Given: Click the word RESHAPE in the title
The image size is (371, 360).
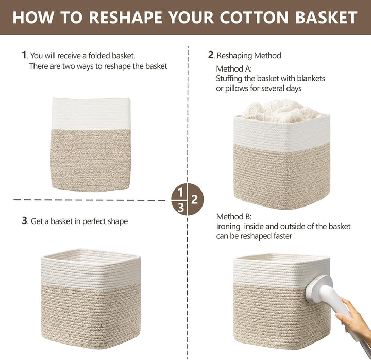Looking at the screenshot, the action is tap(125, 18).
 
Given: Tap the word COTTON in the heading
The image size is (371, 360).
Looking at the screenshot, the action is tap(254, 18).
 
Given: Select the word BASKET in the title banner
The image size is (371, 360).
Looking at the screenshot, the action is tap(326, 18).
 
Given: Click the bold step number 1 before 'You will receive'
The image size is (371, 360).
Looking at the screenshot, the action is tap(24, 55).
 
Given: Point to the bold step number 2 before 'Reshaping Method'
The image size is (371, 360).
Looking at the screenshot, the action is tap(211, 55).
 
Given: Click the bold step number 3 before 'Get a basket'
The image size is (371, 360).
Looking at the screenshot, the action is tap(25, 220).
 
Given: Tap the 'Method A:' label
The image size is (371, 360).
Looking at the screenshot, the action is tap(234, 69).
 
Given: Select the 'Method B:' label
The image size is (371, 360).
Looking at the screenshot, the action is tap(234, 216).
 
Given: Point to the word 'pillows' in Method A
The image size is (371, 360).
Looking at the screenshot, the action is tap(237, 89).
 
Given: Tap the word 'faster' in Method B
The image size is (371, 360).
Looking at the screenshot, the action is tap(283, 236).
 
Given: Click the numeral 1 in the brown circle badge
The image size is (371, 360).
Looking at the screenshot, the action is tap(180, 192).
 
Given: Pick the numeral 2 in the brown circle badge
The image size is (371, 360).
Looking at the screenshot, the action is tap(194, 199).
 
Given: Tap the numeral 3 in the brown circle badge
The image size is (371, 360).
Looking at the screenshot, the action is tap(181, 208).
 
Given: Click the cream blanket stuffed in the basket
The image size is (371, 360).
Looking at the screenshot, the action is tap(281, 111).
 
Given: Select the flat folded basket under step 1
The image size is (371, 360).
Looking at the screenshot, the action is tap(91, 144).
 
